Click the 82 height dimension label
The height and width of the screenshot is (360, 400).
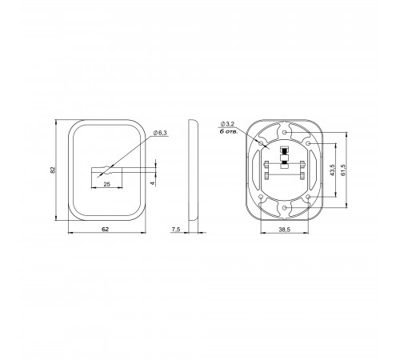[53, 170]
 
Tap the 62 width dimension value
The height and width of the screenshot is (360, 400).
[106, 229]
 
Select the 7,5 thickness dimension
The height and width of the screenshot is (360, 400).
[176, 229]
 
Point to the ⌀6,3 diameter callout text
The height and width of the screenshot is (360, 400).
[160, 133]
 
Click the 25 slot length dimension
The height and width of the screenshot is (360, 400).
[106, 184]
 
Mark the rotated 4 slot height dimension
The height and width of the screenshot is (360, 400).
[152, 183]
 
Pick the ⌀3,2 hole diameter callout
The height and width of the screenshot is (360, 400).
[227, 124]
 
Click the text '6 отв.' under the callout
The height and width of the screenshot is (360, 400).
[228, 131]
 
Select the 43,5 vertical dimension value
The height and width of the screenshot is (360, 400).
[332, 170]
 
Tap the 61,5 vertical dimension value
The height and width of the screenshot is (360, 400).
[343, 170]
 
